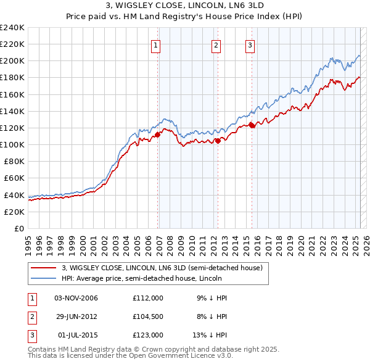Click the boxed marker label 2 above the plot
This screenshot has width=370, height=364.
coord(216,44)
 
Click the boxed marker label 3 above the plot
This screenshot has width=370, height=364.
coord(250,44)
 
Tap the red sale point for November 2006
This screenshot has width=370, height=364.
coord(158,134)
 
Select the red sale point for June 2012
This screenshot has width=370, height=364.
coord(218,141)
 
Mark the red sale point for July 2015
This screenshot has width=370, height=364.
coord(252,125)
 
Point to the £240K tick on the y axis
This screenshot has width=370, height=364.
coord(12,28)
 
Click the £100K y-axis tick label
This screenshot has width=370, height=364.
coord(12,144)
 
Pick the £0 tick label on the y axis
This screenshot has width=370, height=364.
coord(18,228)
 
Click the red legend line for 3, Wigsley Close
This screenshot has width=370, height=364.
coord(43,268)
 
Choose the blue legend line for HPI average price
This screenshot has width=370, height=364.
coord(43,278)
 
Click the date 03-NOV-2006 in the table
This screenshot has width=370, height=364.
coord(76,298)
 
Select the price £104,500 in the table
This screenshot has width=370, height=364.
coord(147,316)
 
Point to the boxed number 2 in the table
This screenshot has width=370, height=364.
coord(31,316)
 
